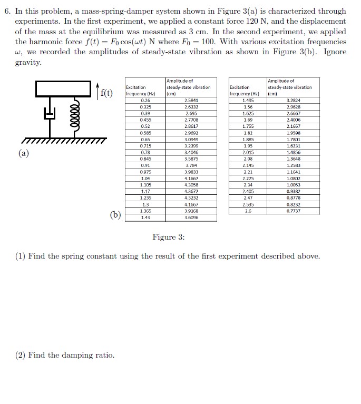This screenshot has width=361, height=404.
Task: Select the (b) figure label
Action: point(115,214)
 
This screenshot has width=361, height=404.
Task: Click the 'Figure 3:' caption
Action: point(169,237)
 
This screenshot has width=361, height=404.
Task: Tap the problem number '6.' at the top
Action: point(7,11)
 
